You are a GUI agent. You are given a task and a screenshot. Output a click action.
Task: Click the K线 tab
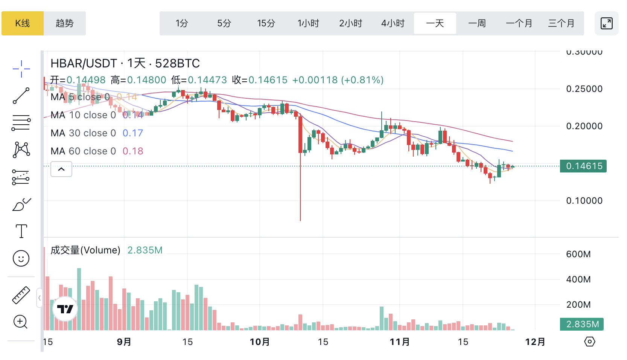pyautogui.click(x=23, y=23)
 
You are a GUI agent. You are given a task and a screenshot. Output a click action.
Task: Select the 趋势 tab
pyautogui.click(x=65, y=23)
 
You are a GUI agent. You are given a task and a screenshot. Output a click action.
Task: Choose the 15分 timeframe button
pyautogui.click(x=266, y=23)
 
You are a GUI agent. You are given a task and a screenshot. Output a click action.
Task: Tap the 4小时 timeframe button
pyautogui.click(x=393, y=23)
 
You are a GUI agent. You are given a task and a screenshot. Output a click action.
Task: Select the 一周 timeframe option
pyautogui.click(x=477, y=23)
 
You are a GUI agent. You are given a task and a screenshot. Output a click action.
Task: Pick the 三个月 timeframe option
pyautogui.click(x=561, y=23)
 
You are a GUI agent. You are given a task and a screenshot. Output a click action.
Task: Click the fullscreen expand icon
pyautogui.click(x=606, y=23)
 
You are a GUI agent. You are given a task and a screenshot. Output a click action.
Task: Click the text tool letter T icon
pyautogui.click(x=21, y=231)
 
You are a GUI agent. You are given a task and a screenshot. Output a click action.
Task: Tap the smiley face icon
pyautogui.click(x=21, y=259)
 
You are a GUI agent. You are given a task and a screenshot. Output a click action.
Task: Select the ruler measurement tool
pyautogui.click(x=21, y=295)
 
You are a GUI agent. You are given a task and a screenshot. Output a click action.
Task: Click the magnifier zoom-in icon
pyautogui.click(x=21, y=322)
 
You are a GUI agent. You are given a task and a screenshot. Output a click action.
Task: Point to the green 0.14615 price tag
pyautogui.click(x=583, y=166)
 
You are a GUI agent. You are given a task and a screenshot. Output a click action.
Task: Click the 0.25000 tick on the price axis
pyautogui.click(x=584, y=89)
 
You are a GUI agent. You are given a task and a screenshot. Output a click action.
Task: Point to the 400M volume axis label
pyautogui.click(x=578, y=279)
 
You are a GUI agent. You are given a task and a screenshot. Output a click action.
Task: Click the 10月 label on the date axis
pyautogui.click(x=260, y=342)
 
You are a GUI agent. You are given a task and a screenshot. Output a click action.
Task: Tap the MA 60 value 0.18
pyautogui.click(x=133, y=151)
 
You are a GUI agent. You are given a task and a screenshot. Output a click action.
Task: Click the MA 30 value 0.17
pyautogui.click(x=133, y=133)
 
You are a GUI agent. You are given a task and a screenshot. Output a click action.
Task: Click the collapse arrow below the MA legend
pyautogui.click(x=61, y=169)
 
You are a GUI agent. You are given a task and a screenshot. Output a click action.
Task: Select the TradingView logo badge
pyautogui.click(x=65, y=309)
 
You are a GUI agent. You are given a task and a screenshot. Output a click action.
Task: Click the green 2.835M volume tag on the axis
pyautogui.click(x=582, y=324)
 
